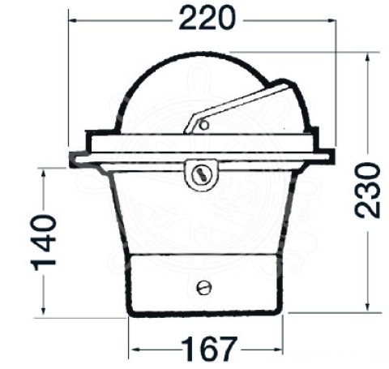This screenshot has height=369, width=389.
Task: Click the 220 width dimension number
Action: pyautogui.click(x=207, y=19)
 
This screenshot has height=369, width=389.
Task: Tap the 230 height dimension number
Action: pyautogui.click(x=367, y=190)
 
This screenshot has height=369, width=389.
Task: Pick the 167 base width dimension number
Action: pyautogui.click(x=209, y=349)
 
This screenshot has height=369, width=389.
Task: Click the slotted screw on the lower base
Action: pyautogui.click(x=204, y=287)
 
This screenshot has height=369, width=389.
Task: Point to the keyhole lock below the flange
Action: pyautogui.click(x=201, y=174)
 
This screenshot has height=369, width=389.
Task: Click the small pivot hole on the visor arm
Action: pyautogui.click(x=204, y=125)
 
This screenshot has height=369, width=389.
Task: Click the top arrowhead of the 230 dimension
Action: pyautogui.click(x=367, y=58)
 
